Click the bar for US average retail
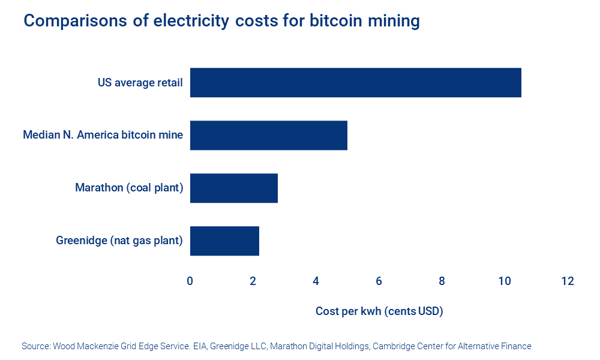(355, 83)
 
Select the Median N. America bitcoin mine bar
(268, 136)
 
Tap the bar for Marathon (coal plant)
(233, 188)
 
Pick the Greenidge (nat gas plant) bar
(224, 241)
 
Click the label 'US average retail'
(140, 83)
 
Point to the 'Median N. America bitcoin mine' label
(103, 136)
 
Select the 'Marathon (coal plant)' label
(129, 188)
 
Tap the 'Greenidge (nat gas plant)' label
(119, 241)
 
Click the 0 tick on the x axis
(190, 281)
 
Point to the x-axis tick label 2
(253, 281)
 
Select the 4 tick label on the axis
(316, 281)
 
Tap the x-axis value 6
(379, 281)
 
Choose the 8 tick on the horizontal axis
(442, 281)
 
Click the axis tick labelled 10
(504, 281)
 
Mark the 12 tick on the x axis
(567, 281)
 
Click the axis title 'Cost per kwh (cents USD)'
(379, 311)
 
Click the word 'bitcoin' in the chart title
(334, 21)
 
